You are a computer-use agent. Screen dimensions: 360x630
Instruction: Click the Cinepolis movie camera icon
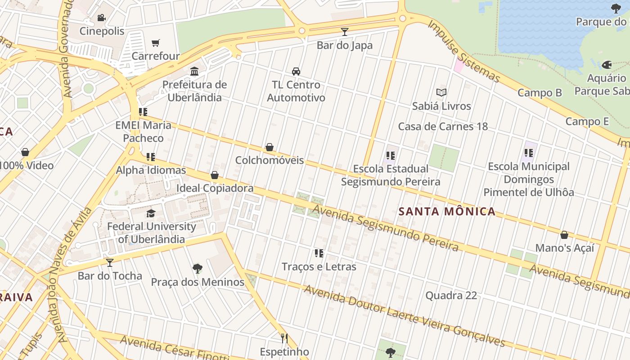101,18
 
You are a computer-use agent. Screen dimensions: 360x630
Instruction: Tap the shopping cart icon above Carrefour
156,43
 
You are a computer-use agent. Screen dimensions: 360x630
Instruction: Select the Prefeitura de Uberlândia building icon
194,72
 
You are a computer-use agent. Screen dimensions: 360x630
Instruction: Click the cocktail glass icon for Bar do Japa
345,32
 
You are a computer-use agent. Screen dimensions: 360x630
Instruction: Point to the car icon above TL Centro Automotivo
296,72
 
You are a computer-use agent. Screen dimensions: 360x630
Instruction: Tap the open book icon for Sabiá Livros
441,93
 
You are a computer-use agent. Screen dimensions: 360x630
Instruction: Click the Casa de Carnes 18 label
443,126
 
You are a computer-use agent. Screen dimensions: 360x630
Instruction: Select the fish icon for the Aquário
607,65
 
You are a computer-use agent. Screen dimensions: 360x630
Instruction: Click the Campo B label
540,93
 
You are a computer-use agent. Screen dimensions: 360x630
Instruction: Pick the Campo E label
587,121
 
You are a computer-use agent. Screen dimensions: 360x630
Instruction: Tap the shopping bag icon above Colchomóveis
270,147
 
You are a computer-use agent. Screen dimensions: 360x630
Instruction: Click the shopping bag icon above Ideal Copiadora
215,175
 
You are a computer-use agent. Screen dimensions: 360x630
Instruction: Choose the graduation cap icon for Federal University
151,213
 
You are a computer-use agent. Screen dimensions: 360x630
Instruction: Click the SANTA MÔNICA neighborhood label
447,211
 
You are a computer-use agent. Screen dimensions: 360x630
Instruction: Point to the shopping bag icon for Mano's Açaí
564,235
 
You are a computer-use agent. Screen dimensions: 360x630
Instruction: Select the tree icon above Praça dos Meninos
197,269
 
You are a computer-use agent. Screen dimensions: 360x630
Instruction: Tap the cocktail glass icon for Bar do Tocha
110,262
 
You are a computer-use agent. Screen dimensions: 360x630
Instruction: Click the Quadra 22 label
451,296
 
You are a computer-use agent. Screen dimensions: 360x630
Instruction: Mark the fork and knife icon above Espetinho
284,338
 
